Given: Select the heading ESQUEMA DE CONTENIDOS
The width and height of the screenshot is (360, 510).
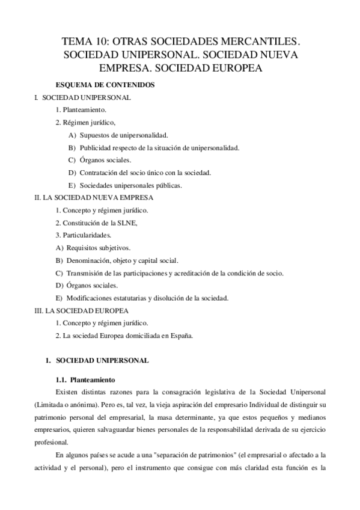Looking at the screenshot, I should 105,85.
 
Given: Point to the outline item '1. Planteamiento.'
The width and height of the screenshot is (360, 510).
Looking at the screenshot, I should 80,110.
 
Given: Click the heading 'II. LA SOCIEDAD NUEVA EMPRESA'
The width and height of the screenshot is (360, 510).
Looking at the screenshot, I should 94,197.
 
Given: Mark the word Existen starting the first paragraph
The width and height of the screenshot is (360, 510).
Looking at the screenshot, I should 67,392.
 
